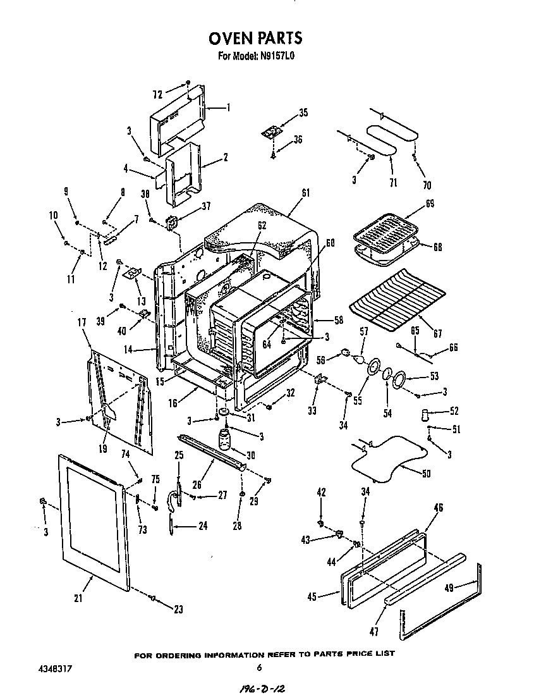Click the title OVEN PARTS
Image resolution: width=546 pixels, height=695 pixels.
(255, 39)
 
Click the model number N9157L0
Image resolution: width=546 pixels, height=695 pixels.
(277, 56)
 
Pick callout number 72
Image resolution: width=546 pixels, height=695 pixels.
(157, 95)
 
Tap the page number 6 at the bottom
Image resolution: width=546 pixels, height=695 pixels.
(259, 668)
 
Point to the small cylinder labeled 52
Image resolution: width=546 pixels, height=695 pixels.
(424, 415)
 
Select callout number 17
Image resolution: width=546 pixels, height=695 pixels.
(82, 322)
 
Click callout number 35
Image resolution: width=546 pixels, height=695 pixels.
(303, 113)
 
